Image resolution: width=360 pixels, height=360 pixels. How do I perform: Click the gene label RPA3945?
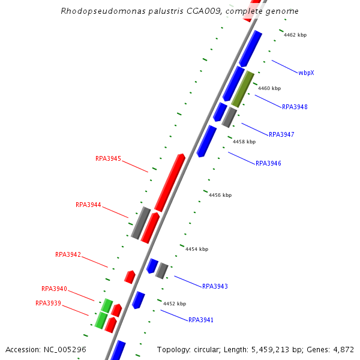[x=108, y=159]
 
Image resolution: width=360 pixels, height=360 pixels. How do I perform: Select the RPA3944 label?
[x=88, y=205]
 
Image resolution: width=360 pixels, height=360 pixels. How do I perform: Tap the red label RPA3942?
[x=68, y=254]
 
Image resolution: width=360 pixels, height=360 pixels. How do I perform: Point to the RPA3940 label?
[x=54, y=289]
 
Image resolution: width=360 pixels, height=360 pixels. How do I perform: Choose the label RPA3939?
[x=48, y=303]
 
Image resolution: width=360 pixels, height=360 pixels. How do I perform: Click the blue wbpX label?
[x=306, y=73]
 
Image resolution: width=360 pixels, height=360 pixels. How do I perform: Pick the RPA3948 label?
[x=295, y=107]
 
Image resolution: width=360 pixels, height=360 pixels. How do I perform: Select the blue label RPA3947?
[x=281, y=134]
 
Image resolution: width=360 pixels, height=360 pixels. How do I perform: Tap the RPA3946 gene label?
[x=268, y=163]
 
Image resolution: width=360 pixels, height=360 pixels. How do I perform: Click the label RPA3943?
[x=215, y=286]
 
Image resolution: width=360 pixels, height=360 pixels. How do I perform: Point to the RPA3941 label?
[x=201, y=320]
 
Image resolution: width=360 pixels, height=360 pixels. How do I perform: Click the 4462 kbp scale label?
[x=295, y=35]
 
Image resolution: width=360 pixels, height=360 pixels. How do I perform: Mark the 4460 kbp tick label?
[x=269, y=88]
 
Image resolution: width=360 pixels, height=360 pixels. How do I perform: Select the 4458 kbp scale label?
[x=244, y=142]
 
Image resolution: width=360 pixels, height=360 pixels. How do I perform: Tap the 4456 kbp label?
[x=220, y=195]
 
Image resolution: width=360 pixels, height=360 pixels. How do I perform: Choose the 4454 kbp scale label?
[x=197, y=249]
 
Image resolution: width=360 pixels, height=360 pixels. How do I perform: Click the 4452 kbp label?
[x=175, y=304]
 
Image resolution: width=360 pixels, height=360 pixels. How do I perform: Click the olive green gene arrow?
[x=242, y=89]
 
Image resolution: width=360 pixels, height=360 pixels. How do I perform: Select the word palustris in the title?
[x=160, y=11]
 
